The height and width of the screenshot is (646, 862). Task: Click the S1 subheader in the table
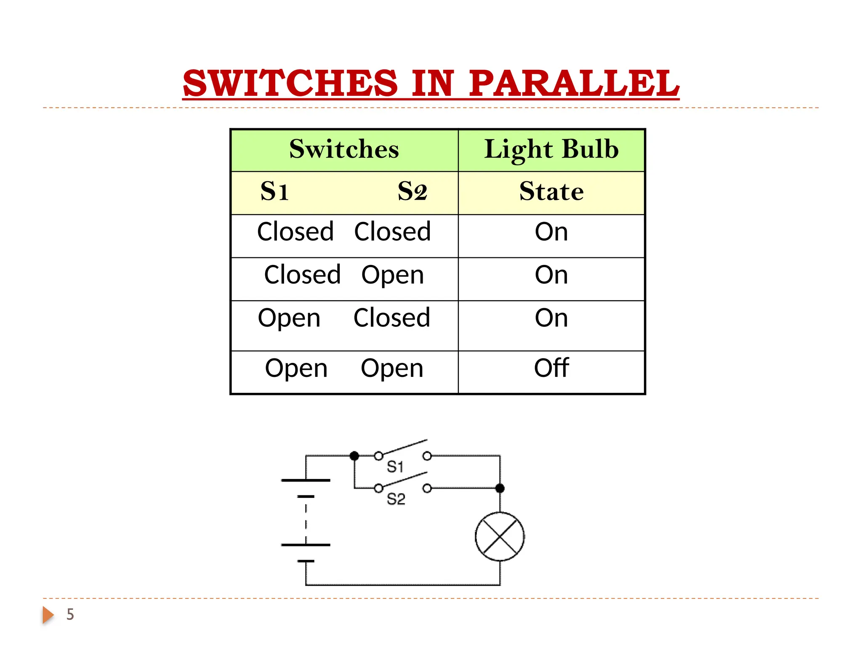[274, 191]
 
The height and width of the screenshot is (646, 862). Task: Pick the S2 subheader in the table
[412, 191]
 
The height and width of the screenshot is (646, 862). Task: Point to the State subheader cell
[551, 191]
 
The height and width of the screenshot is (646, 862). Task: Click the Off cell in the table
[551, 368]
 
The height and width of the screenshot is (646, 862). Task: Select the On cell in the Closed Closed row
[551, 232]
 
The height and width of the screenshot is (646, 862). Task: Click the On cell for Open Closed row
[551, 318]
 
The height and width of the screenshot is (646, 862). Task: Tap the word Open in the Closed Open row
[392, 275]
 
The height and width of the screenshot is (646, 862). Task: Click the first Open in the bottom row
[296, 368]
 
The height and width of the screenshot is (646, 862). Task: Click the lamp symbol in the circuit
[500, 537]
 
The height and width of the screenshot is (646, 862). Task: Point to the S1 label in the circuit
[395, 466]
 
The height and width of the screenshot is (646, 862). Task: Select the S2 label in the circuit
[396, 499]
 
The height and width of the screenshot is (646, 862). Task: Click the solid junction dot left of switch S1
[354, 455]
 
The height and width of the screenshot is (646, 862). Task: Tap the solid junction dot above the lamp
[500, 488]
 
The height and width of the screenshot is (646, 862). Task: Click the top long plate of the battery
[306, 480]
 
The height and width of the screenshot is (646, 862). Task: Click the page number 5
[70, 614]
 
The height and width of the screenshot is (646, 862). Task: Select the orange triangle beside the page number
[48, 615]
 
